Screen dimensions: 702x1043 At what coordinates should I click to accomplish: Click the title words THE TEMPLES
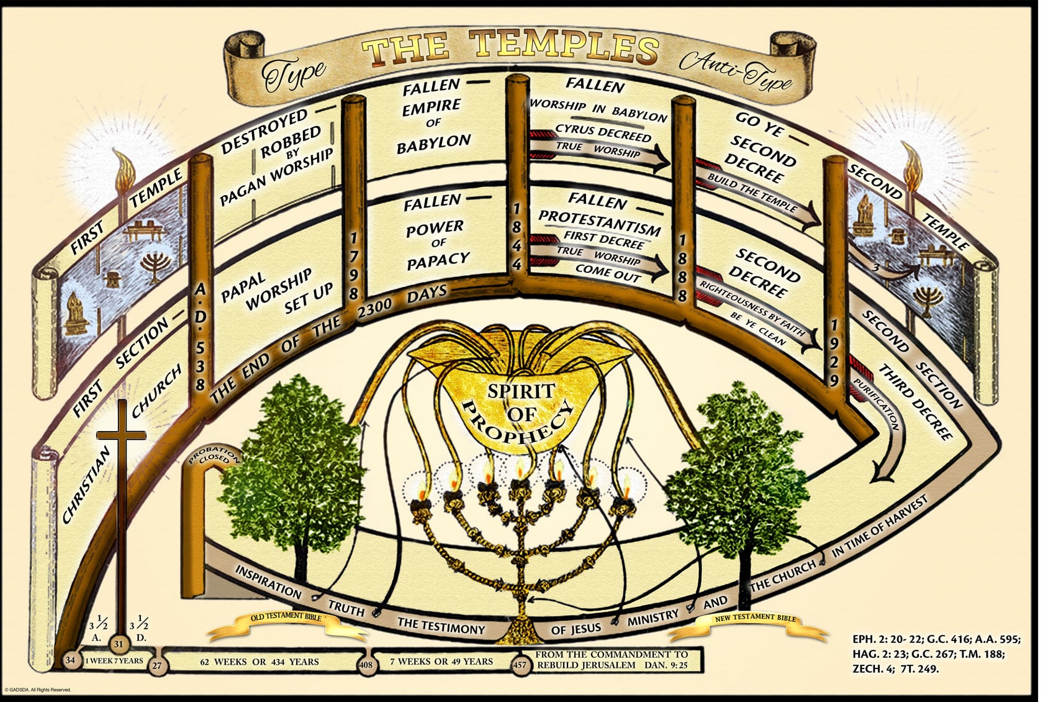point(509,50)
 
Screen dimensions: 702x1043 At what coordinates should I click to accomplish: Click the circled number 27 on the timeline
point(156,665)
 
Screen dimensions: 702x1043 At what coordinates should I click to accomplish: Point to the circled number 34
point(71,660)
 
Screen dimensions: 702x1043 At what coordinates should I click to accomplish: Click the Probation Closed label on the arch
point(214,456)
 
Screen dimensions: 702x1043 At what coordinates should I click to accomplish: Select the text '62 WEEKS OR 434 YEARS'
point(260,662)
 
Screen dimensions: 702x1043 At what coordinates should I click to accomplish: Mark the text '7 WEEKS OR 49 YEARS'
point(441,661)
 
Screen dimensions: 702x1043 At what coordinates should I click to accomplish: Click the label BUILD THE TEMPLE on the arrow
point(752,192)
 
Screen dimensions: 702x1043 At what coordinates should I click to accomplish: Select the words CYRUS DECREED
point(603,133)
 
